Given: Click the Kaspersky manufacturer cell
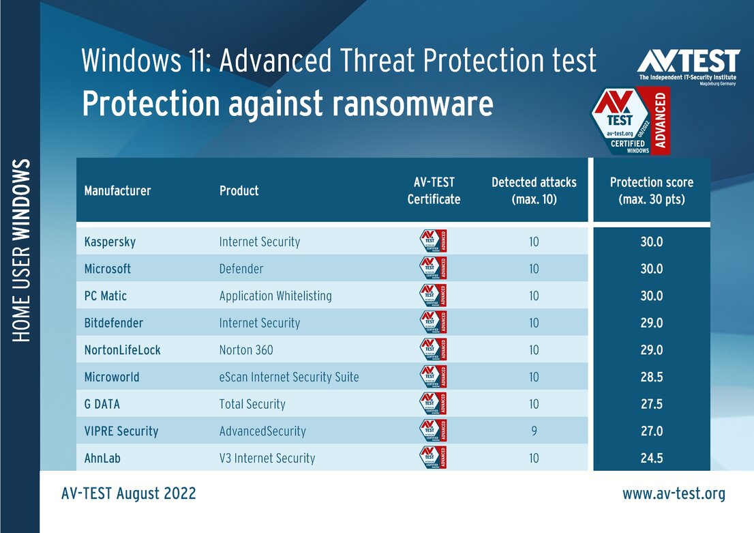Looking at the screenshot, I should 110,242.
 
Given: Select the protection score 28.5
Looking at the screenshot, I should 651,377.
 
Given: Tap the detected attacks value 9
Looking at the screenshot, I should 534,431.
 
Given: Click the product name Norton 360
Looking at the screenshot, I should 246,350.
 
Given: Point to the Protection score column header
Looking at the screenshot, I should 651,191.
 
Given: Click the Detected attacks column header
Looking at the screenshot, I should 534,191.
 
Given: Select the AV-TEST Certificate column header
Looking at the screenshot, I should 434,191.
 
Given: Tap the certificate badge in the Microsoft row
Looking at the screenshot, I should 433,268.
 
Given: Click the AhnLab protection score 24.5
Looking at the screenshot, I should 651,458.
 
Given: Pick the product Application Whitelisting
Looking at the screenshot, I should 275,296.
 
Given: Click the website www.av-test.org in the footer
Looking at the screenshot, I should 674,493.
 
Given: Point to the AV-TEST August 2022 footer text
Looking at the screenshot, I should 128,493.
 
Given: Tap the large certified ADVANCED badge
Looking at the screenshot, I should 631,120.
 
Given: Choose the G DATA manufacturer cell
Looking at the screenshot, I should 102,404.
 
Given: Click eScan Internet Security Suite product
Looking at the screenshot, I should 289,377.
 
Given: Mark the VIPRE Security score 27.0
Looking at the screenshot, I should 651,431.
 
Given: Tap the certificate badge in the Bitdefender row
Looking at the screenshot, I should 433,322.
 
